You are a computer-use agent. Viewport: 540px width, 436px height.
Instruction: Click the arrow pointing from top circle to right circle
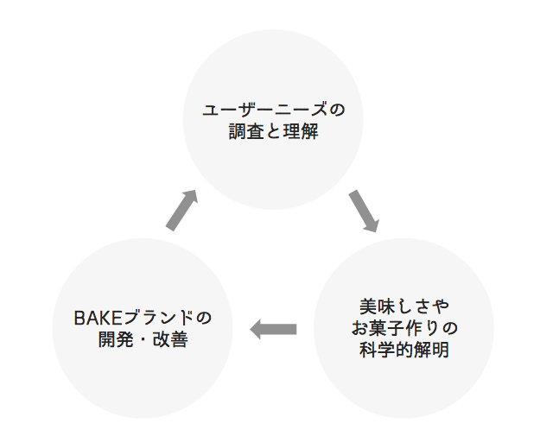click(364, 212)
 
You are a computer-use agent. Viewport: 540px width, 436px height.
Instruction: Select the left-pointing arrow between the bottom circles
click(273, 329)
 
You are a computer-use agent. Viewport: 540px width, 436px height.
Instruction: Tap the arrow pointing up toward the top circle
click(181, 210)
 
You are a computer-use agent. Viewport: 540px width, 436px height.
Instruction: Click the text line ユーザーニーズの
click(272, 111)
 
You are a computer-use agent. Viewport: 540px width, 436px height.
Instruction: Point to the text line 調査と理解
click(272, 133)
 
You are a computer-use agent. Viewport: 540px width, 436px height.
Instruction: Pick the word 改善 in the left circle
click(172, 339)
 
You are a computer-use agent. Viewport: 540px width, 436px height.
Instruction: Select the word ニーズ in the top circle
click(302, 111)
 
